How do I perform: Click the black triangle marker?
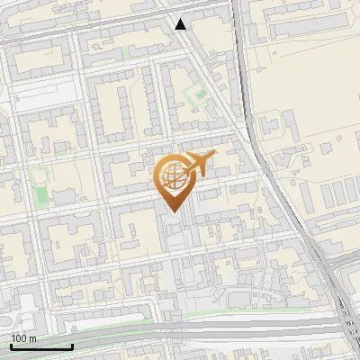pos(181,23)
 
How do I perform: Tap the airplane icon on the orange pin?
pos(200,163)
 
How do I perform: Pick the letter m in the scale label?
pos(32,338)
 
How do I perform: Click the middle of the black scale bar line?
pos(41,346)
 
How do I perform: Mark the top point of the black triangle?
pos(181,18)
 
